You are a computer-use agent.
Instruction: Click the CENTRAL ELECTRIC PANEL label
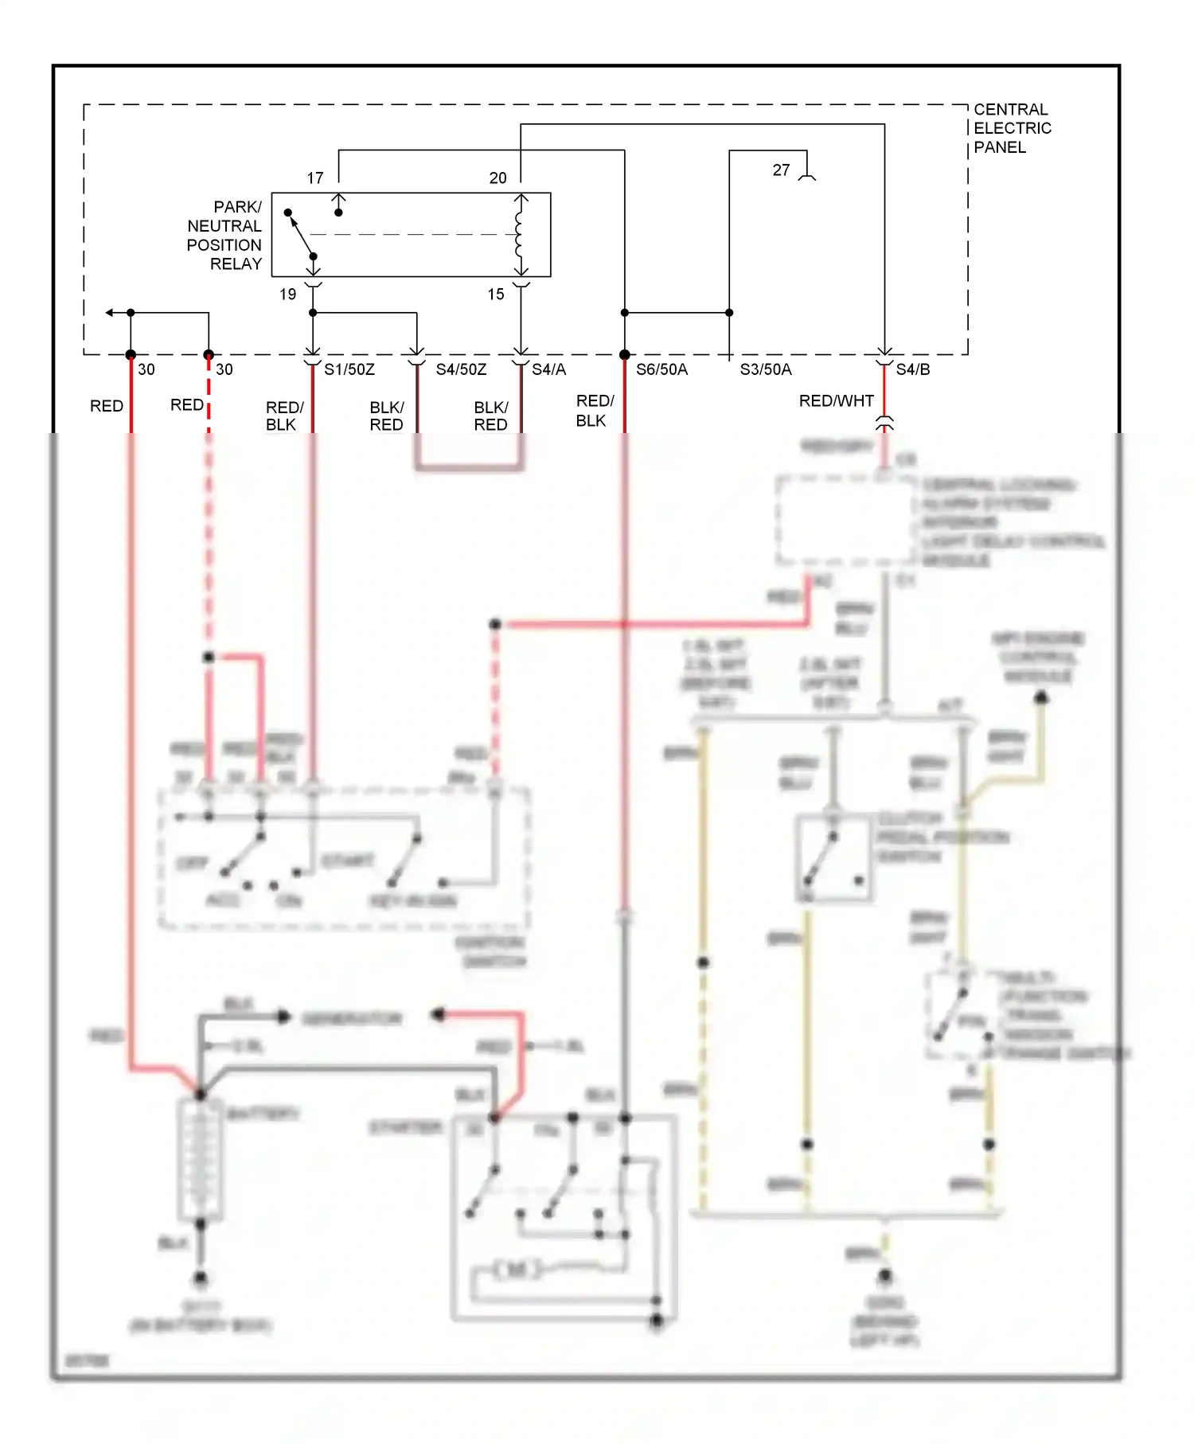coord(1012,128)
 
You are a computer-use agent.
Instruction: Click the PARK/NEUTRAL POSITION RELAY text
coord(224,235)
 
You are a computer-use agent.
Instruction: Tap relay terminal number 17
coord(315,178)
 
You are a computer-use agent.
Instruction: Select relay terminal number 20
coord(497,178)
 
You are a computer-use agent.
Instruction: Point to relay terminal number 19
coord(287,295)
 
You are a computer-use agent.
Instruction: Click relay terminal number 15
coord(496,295)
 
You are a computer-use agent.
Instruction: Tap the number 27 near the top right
coord(781,170)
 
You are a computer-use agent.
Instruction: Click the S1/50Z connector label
coord(349,369)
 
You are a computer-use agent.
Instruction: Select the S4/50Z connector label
coord(461,369)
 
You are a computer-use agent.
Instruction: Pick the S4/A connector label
coord(548,369)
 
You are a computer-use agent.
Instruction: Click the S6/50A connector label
coord(661,369)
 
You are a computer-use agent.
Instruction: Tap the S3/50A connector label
coord(765,369)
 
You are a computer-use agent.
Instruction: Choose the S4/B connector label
coord(912,369)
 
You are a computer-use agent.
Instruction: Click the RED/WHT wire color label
coord(836,401)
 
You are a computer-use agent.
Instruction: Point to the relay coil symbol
coord(520,235)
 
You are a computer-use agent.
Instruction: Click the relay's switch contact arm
coord(301,235)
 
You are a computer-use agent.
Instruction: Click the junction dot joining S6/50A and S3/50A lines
coord(729,313)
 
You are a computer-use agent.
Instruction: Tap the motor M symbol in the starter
coord(516,1269)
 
